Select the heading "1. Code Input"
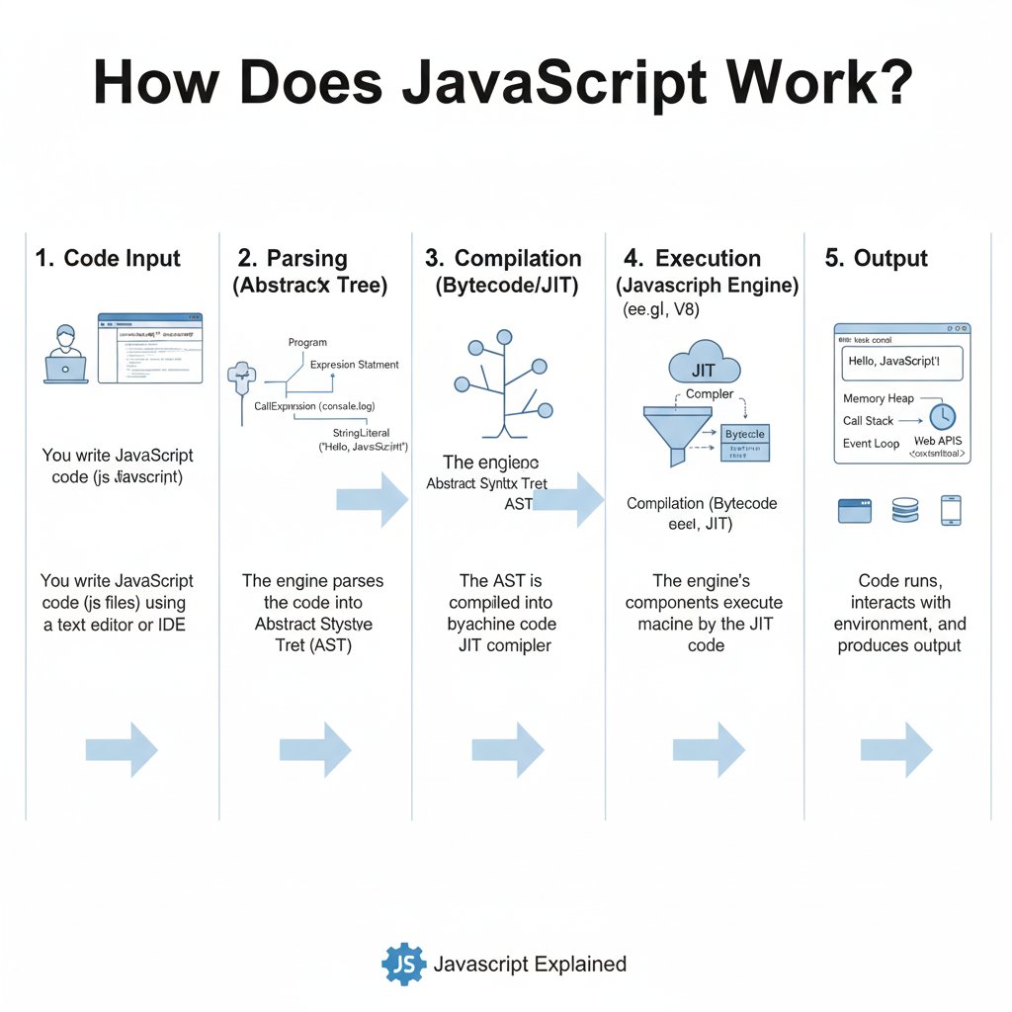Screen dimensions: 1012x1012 (x=108, y=259)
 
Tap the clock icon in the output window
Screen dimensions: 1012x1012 (x=942, y=416)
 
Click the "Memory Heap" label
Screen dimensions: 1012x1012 (x=879, y=398)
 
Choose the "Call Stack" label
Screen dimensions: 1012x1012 (x=868, y=421)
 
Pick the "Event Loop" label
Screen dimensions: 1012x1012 (x=871, y=444)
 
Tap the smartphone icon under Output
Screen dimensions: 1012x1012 (x=952, y=510)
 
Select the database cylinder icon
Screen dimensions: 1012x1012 (x=905, y=510)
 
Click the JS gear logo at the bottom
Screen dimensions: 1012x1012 (x=402, y=965)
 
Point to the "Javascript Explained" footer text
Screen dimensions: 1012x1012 (x=530, y=965)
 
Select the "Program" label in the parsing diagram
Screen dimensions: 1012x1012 (x=307, y=342)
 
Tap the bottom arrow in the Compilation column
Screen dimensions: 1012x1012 (x=508, y=749)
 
